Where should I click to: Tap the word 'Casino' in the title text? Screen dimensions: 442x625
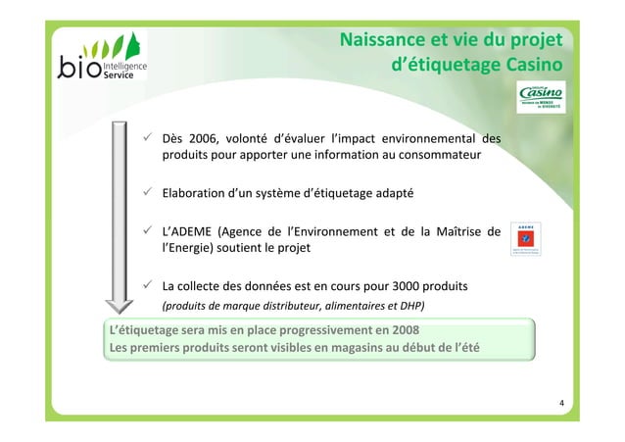(x=533, y=66)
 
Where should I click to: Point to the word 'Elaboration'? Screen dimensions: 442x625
(x=197, y=194)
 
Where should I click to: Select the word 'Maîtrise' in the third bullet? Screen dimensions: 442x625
(x=459, y=231)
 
